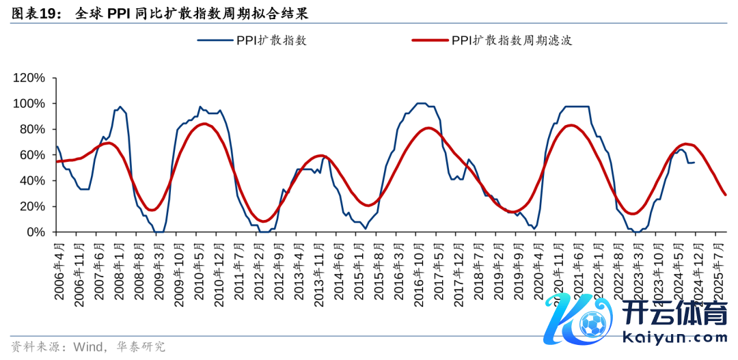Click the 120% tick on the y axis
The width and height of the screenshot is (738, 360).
[29, 78]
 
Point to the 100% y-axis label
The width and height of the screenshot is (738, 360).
[29, 104]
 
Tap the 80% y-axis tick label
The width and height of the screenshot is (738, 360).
[31, 129]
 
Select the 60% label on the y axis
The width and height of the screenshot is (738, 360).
[31, 155]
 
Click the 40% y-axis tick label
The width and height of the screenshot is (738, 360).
[31, 180]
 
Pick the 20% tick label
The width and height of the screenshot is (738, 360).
[31, 206]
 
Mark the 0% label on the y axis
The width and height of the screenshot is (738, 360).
[35, 232]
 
